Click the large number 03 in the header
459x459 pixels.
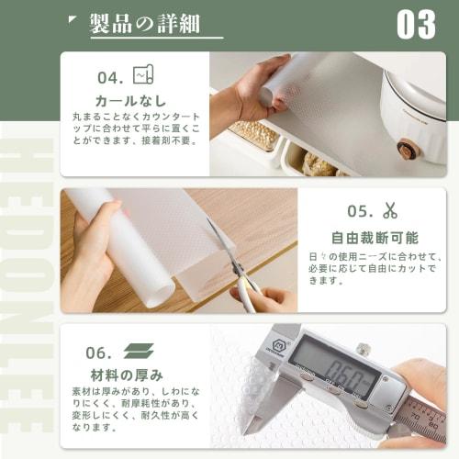(416, 25)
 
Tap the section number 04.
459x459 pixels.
(111, 77)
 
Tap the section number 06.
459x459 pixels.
(99, 353)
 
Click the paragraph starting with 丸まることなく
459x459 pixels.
(134, 128)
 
